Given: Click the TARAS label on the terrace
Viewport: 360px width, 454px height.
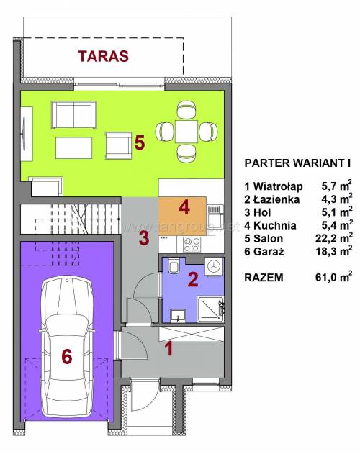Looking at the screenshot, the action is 103,56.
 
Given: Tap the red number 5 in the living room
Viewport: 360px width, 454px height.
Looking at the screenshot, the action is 140,143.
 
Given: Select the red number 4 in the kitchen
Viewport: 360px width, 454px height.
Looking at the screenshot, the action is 184,207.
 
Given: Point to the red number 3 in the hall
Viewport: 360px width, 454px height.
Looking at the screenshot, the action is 144,238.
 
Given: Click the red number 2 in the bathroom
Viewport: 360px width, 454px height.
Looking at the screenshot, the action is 193,280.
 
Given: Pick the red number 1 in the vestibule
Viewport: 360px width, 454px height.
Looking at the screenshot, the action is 168,348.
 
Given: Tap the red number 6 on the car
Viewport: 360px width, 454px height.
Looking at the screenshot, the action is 67,356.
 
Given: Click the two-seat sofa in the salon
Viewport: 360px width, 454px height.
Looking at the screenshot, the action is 74,114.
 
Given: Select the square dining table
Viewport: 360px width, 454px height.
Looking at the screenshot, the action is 186,131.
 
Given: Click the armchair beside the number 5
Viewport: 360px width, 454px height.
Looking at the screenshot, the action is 119,145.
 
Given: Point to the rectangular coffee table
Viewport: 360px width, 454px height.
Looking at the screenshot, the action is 74,148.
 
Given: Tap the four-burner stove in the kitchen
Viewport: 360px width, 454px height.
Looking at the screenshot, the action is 192,245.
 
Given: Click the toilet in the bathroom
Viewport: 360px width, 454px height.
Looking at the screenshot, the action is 174,265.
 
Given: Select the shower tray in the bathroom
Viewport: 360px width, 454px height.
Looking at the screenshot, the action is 210,309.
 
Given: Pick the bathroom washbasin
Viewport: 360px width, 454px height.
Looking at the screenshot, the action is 179,316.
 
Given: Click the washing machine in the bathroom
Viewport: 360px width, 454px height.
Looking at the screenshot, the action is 215,266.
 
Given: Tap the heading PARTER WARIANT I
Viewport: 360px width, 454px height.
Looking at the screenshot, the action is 297,163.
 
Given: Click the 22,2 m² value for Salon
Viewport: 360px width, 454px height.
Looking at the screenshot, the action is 334,237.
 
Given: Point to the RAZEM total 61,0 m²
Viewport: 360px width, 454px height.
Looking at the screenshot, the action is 298,277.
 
